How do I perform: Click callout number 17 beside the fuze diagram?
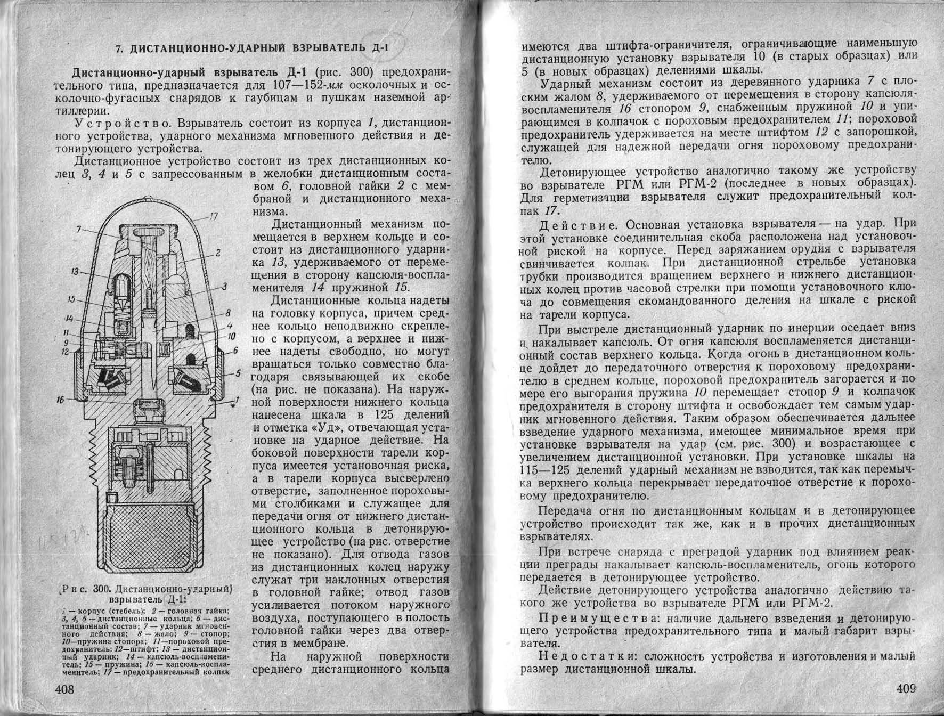[x=213, y=217]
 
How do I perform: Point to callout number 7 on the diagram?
[x=79, y=229]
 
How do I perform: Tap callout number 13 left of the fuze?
[x=74, y=272]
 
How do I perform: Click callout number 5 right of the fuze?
[x=238, y=373]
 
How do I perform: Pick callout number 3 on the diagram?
[x=225, y=287]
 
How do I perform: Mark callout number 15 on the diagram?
[x=72, y=299]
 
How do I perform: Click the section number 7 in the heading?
[x=120, y=50]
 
